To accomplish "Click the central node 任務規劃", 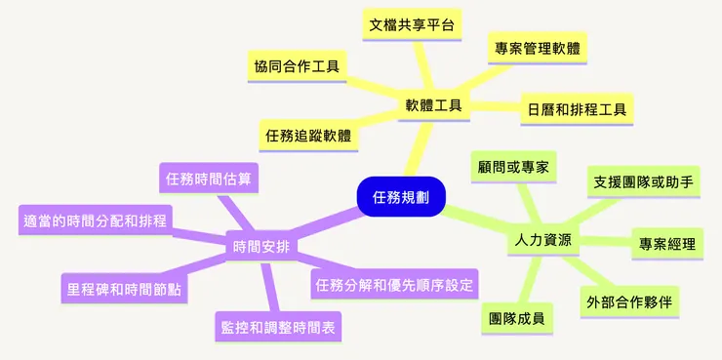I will [401, 195].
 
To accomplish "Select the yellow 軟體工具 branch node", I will [433, 104].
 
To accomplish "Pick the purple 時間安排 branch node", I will [261, 246].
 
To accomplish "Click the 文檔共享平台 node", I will [412, 24].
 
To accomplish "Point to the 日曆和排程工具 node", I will [575, 107].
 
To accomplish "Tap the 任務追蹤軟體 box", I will [308, 135].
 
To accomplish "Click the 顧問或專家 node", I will [511, 166].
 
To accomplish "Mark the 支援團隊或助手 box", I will [645, 181].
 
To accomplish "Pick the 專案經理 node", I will [667, 243].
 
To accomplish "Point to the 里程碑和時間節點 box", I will [123, 289].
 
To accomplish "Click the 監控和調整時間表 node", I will [278, 327].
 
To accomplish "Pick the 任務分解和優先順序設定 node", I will [394, 285].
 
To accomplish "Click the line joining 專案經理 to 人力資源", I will [605, 241].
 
